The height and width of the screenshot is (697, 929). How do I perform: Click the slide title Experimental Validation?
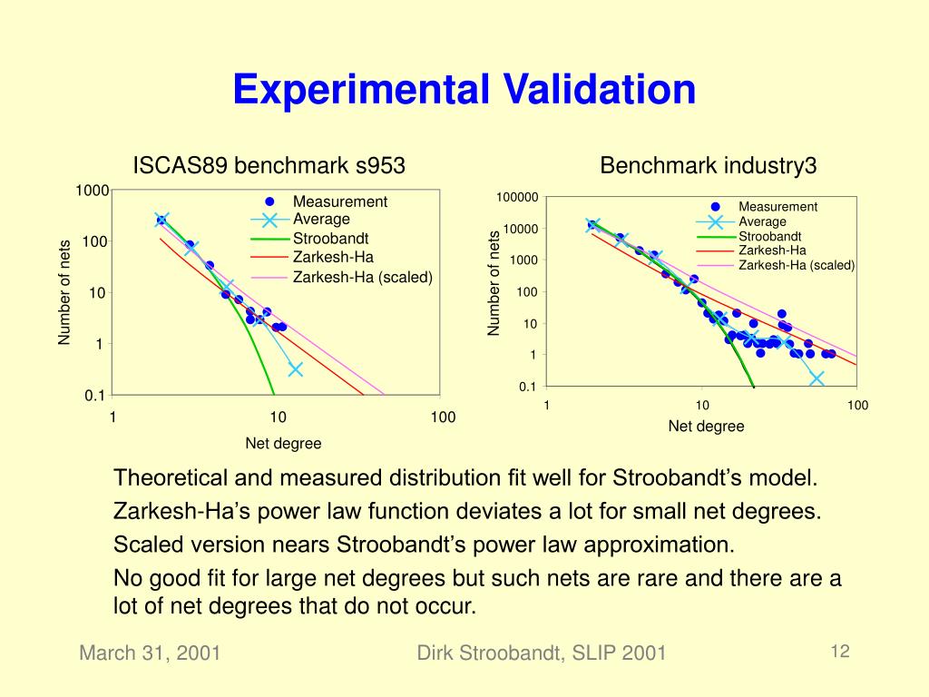(x=464, y=90)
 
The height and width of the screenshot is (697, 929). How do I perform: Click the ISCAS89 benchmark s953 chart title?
(x=269, y=166)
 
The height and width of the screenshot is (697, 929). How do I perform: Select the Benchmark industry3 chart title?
(x=709, y=166)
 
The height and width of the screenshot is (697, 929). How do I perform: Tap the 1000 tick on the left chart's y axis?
(x=93, y=191)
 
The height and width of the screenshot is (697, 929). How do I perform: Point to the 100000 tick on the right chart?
(x=517, y=198)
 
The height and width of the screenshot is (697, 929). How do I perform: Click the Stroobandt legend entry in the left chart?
(x=325, y=239)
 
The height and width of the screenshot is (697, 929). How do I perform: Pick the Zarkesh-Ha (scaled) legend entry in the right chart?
(x=797, y=265)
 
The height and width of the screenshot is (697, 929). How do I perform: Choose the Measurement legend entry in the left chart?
(x=339, y=201)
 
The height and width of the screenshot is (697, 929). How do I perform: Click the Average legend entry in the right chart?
(x=762, y=221)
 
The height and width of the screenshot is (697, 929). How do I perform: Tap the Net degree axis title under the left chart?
(x=283, y=444)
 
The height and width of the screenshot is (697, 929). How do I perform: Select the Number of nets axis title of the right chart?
(x=494, y=284)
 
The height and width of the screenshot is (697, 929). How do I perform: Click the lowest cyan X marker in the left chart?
(x=295, y=368)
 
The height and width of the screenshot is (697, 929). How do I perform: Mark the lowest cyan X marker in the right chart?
(x=817, y=378)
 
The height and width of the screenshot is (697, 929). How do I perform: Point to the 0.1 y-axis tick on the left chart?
(x=95, y=395)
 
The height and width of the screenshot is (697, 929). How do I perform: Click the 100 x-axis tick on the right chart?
(x=857, y=406)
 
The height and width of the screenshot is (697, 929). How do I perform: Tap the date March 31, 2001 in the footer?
(x=150, y=653)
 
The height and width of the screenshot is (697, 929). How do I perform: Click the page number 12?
(x=839, y=651)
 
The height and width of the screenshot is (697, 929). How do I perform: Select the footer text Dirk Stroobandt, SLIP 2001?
(x=542, y=653)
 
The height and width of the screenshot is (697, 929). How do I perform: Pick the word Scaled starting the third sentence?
(x=141, y=545)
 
